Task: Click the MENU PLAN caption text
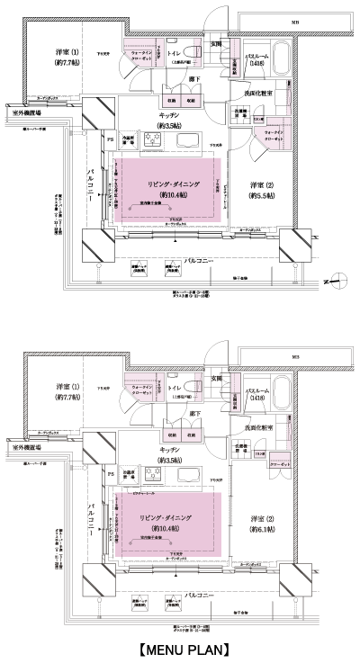180,648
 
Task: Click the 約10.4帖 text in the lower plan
167,530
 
